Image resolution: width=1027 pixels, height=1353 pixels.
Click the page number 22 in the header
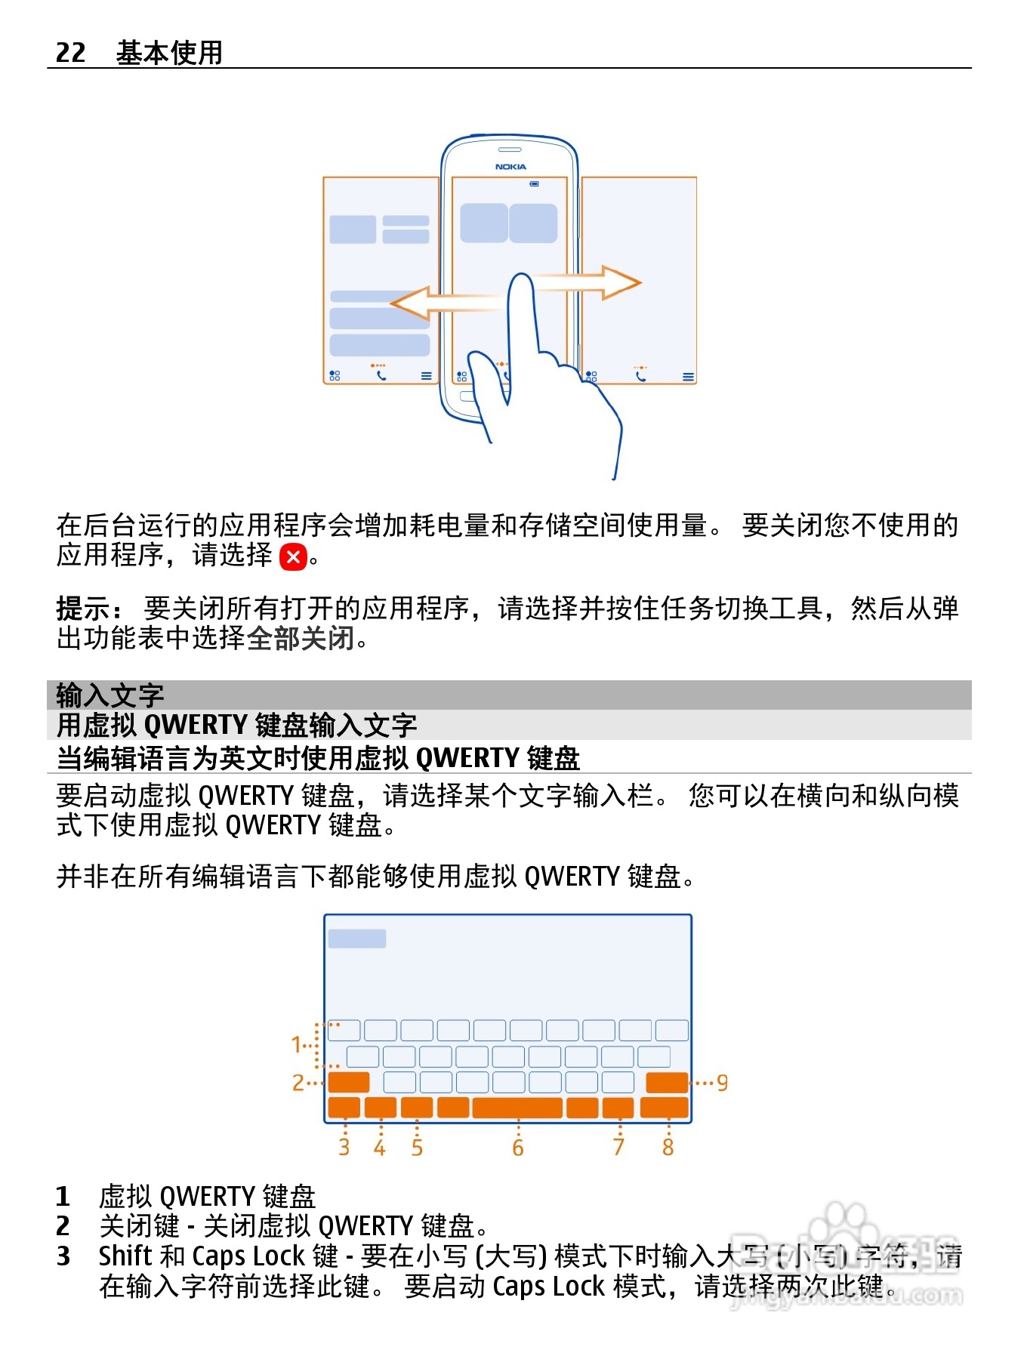tap(71, 52)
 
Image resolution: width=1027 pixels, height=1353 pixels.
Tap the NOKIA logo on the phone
tap(510, 166)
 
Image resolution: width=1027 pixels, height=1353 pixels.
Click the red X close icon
tap(293, 557)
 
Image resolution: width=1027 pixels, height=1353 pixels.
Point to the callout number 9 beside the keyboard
tap(722, 1083)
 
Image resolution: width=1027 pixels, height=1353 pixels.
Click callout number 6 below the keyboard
tap(518, 1148)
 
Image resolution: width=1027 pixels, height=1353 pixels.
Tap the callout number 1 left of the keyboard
tap(297, 1045)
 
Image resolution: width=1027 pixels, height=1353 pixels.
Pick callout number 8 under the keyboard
tap(668, 1148)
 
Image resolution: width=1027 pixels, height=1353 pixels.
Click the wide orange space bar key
tap(517, 1108)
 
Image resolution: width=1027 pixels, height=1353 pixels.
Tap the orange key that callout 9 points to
tap(667, 1083)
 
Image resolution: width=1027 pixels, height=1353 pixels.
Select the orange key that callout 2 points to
tap(349, 1083)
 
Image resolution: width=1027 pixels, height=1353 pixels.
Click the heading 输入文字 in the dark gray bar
tap(110, 695)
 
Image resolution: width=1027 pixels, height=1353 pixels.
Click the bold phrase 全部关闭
tap(301, 639)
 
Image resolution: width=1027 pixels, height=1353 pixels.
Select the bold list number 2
tap(63, 1225)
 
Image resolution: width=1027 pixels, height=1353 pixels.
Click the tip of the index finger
tap(521, 281)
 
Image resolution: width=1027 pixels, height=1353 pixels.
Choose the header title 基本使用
tap(169, 52)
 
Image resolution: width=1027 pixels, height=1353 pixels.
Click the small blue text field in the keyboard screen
tap(357, 938)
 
